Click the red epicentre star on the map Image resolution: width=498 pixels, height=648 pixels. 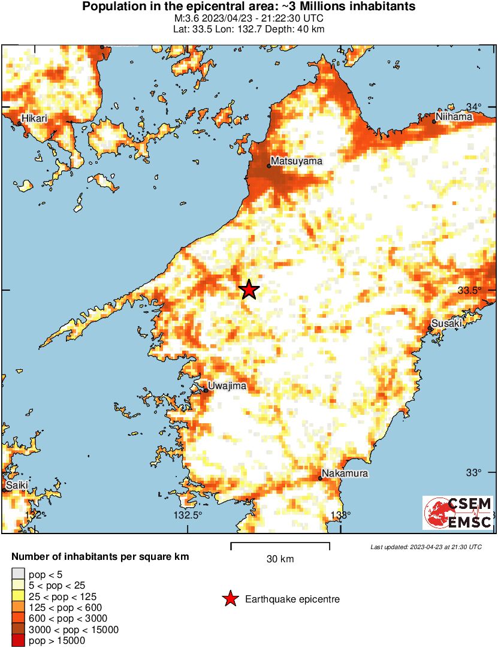[x=249, y=290]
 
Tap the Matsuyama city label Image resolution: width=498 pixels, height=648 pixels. [x=297, y=161]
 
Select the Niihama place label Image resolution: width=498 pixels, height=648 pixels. [x=455, y=117]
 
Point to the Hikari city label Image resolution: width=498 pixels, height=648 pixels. [x=34, y=119]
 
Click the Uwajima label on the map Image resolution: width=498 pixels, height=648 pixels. [x=227, y=386]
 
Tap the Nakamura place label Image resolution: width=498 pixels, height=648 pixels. [x=345, y=474]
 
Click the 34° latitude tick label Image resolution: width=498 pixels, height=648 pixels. [x=474, y=107]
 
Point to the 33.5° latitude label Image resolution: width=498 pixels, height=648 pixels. [x=469, y=290]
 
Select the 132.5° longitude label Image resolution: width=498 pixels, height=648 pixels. [x=188, y=515]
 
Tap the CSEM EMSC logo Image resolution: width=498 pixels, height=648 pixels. [x=458, y=513]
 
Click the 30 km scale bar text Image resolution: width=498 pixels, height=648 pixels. [x=280, y=559]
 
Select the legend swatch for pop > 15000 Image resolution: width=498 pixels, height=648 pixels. [x=19, y=641]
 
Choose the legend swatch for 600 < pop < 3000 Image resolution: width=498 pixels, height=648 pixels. [x=19, y=619]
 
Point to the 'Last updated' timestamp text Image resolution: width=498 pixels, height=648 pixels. [x=426, y=547]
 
